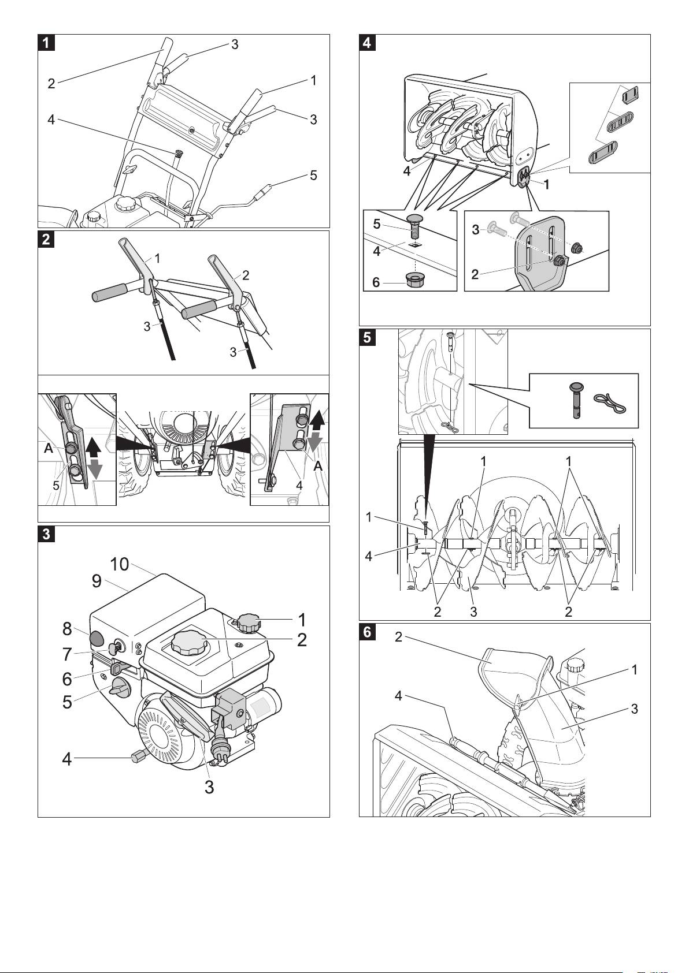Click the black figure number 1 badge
coord(46,43)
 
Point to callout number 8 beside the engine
coord(67,628)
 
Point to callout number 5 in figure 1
coord(313,174)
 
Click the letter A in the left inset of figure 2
coord(49,448)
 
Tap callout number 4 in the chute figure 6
coord(398,696)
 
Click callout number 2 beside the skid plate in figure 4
coord(475,274)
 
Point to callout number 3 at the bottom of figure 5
coord(473,612)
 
